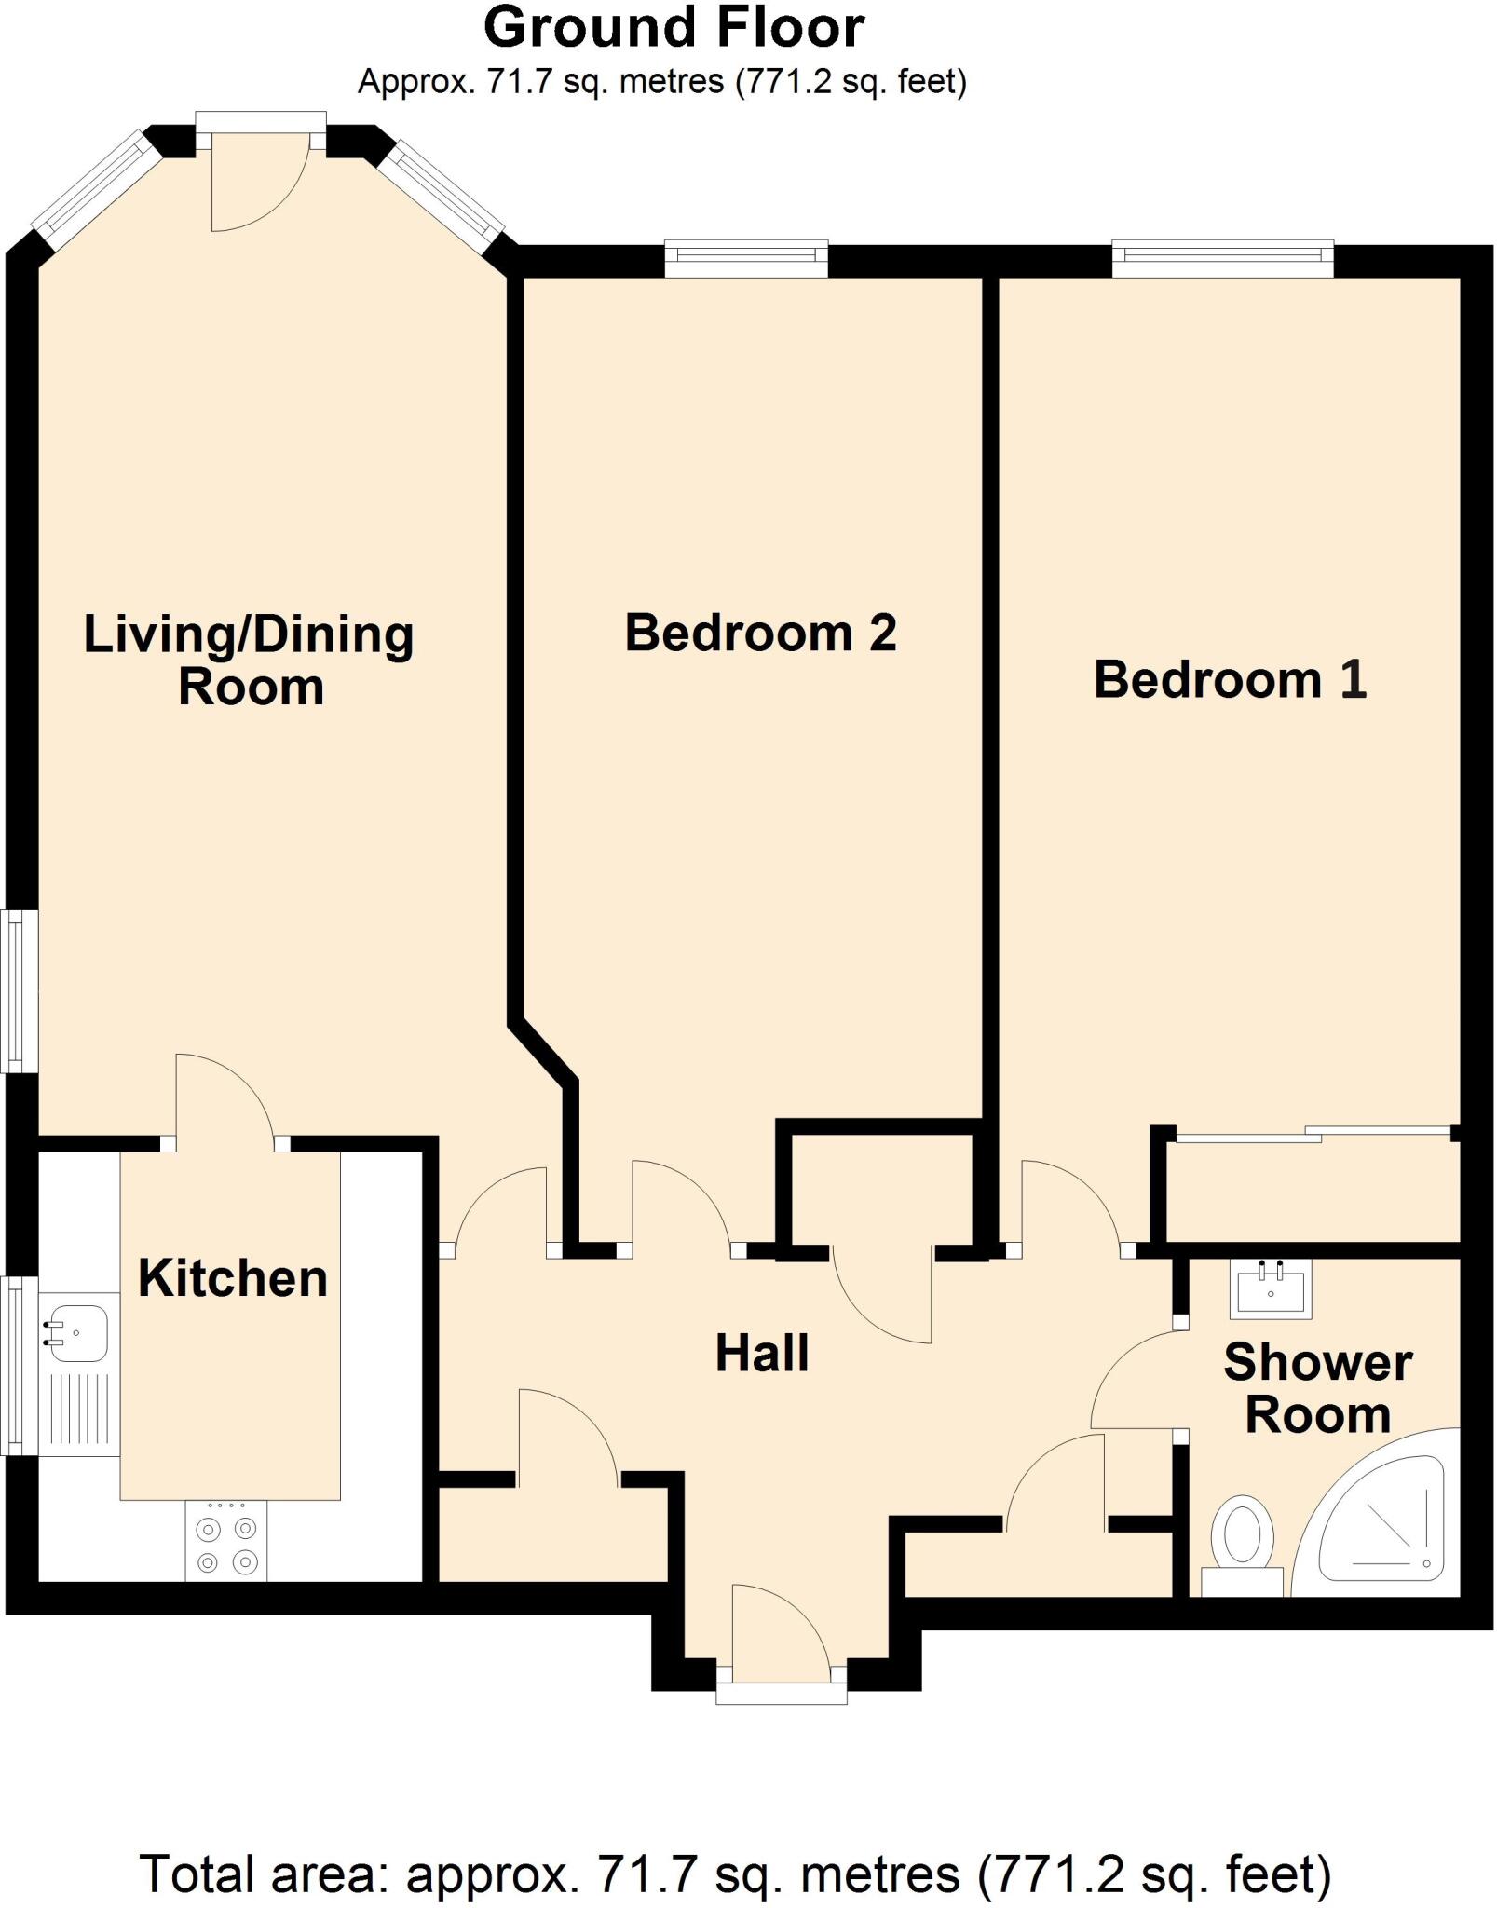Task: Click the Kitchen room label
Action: tap(233, 1278)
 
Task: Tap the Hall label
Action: tap(761, 1353)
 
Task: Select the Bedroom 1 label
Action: tap(1230, 679)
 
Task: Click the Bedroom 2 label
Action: tap(760, 633)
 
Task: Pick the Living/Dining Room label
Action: tap(249, 660)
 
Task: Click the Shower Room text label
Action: tap(1317, 1388)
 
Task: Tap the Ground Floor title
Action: tap(674, 28)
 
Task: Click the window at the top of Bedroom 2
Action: tap(746, 258)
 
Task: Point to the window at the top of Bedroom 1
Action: tap(1222, 258)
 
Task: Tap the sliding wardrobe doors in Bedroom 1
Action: tap(1313, 1134)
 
